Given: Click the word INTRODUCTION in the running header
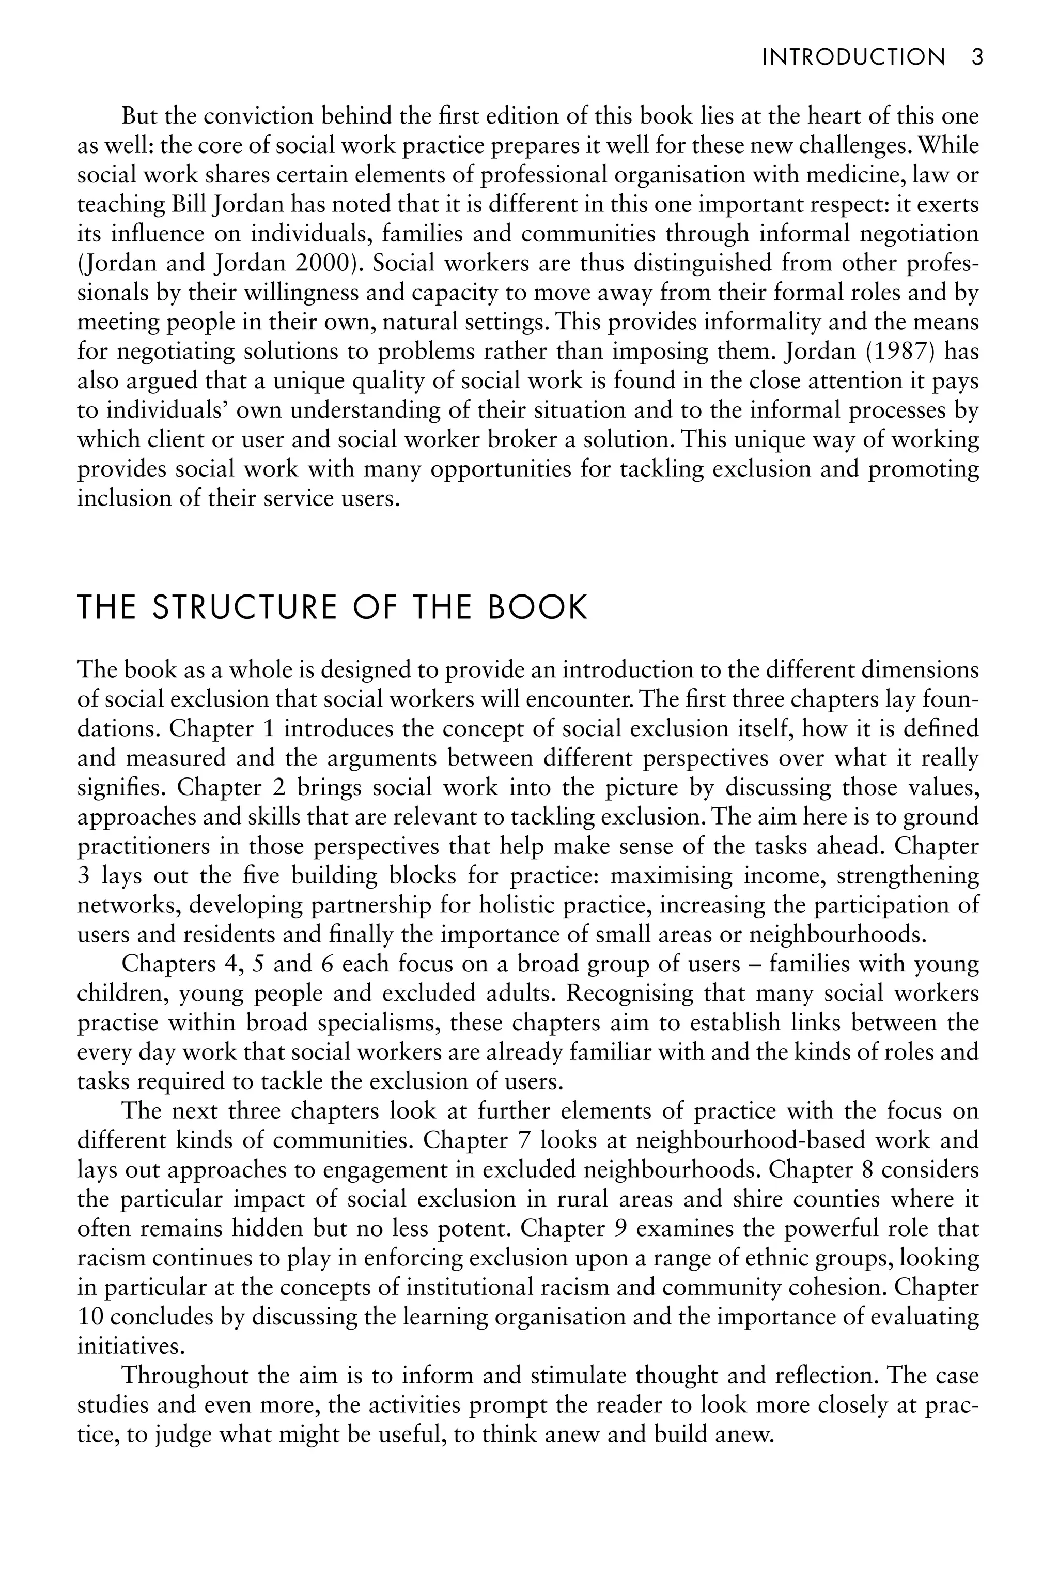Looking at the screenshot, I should [x=853, y=57].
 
